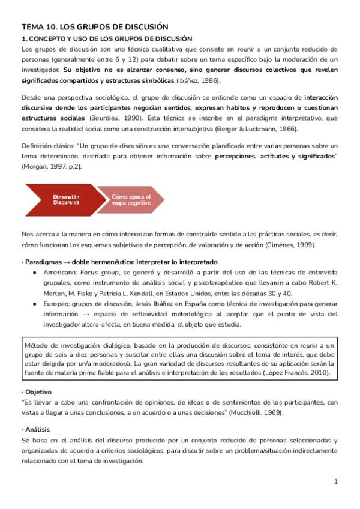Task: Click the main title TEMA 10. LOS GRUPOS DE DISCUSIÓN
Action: point(95,27)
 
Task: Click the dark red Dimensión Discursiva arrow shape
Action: point(64,199)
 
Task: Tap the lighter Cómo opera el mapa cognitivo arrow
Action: point(131,199)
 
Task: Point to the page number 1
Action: point(337,481)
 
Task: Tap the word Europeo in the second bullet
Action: point(53,304)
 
